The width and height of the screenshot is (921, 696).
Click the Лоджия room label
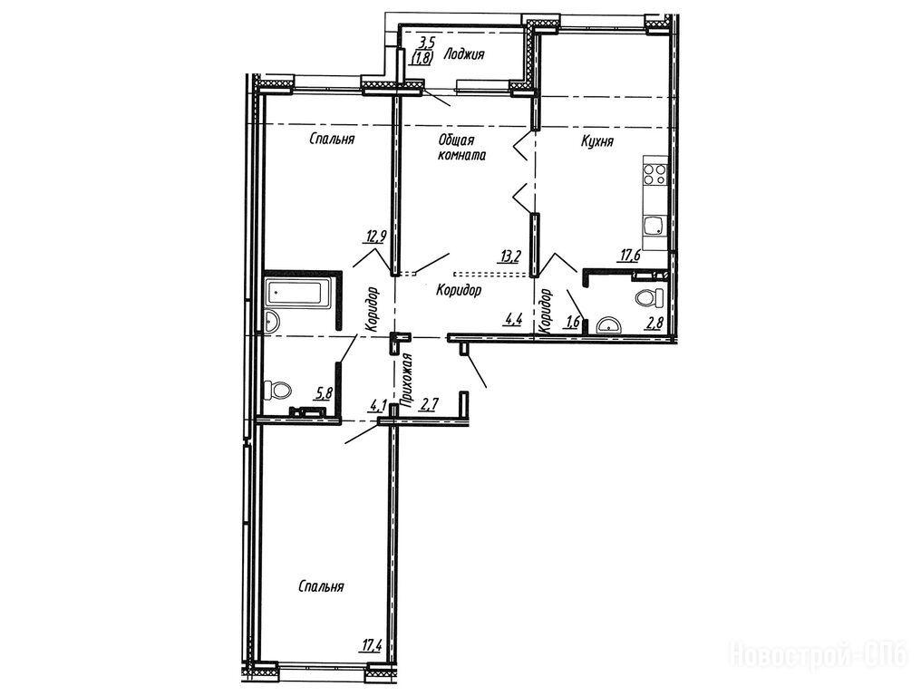(x=464, y=54)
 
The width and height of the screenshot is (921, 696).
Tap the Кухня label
(x=597, y=141)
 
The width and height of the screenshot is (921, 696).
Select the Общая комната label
(x=461, y=148)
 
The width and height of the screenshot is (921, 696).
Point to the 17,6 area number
(x=629, y=256)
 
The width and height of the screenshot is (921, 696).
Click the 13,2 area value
(x=509, y=256)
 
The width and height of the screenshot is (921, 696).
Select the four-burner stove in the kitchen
(x=654, y=174)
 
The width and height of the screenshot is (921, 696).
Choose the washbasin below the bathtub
(x=272, y=322)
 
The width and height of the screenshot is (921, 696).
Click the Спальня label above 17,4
(x=321, y=586)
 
